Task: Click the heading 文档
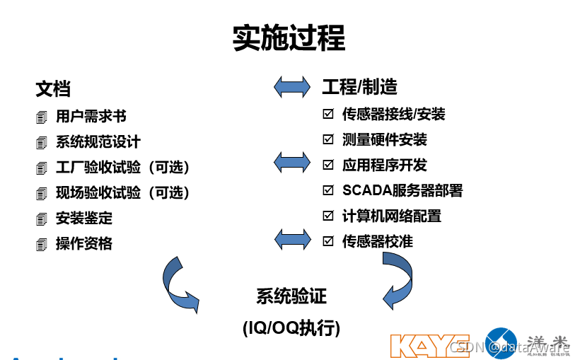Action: point(53,88)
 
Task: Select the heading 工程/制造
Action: point(359,86)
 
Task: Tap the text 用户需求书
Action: point(91,116)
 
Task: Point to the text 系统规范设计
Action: point(98,141)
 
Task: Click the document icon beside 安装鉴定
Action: point(42,219)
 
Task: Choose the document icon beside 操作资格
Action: point(42,245)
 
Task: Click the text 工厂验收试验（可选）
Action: point(123,167)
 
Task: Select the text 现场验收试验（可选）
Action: point(123,192)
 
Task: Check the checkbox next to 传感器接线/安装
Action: point(328,114)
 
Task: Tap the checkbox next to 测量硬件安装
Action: point(328,139)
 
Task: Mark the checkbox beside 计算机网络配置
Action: point(328,216)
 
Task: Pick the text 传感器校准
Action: point(378,241)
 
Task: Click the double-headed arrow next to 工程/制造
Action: point(292,86)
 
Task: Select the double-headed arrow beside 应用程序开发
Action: point(292,162)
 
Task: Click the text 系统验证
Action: point(291,296)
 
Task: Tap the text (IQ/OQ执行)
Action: point(291,328)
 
